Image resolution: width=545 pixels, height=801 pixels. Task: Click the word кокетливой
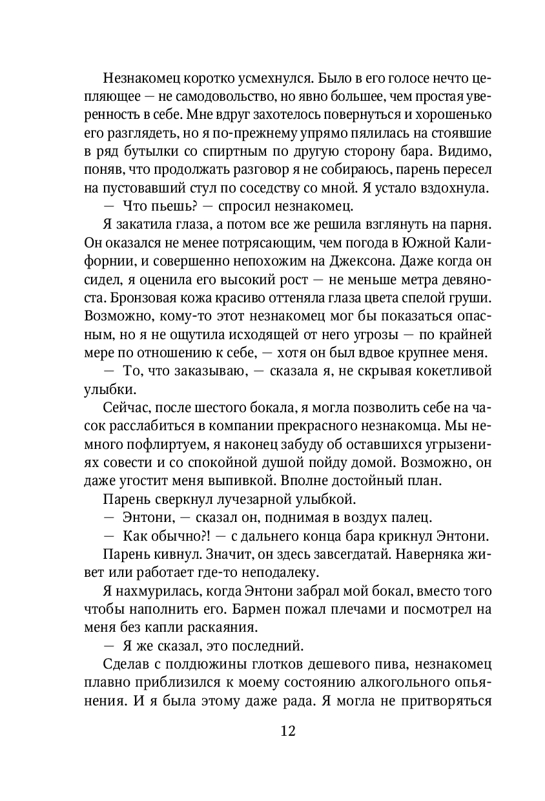pyautogui.click(x=424, y=371)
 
